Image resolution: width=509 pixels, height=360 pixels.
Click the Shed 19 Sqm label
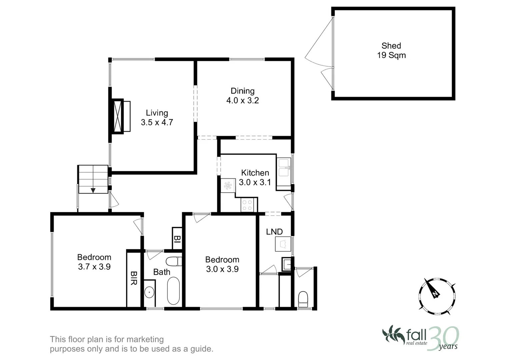(x=391, y=51)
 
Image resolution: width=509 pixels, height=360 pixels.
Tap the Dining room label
(x=243, y=96)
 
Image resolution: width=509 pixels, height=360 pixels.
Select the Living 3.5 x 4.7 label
(x=157, y=118)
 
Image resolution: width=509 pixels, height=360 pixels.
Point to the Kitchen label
(x=255, y=177)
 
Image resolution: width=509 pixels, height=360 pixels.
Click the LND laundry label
(x=274, y=232)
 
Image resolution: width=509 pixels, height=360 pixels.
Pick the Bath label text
(x=162, y=272)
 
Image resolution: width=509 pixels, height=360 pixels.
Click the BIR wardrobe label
(x=134, y=278)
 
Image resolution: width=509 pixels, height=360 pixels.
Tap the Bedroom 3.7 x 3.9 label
(x=94, y=262)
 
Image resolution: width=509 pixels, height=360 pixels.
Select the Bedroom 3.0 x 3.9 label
(x=222, y=264)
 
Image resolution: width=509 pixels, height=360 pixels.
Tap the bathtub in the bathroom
(x=173, y=291)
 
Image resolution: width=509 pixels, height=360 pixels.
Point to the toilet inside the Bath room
(x=174, y=261)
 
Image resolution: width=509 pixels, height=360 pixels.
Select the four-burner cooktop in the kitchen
(x=247, y=205)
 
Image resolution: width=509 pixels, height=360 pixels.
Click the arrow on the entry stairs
(x=93, y=190)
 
